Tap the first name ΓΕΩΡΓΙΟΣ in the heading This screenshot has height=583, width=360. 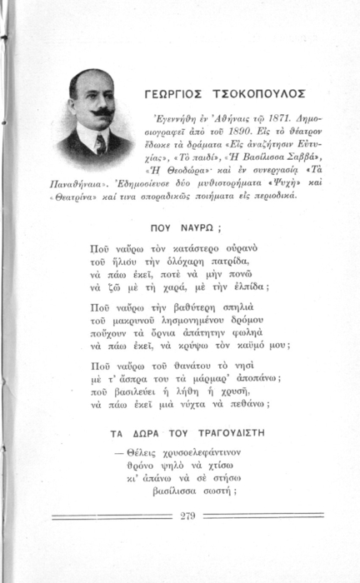[x=177, y=92]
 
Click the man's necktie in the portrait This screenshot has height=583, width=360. [x=99, y=143]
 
